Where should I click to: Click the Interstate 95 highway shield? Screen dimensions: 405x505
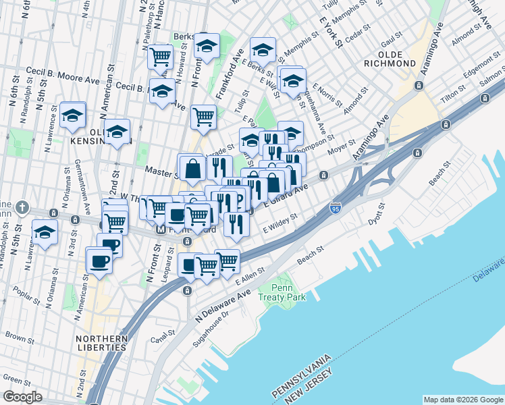pos(335,207)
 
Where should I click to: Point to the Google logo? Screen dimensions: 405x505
pos(22,397)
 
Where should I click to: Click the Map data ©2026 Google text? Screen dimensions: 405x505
pos(462,399)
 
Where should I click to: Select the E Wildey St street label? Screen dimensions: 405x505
pos(281,223)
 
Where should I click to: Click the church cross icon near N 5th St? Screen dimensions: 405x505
pos(22,207)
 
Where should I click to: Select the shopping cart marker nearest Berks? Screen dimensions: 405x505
pos(161,57)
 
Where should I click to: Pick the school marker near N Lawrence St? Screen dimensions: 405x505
pos(72,115)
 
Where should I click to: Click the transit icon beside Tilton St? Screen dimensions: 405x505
pos(445,126)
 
